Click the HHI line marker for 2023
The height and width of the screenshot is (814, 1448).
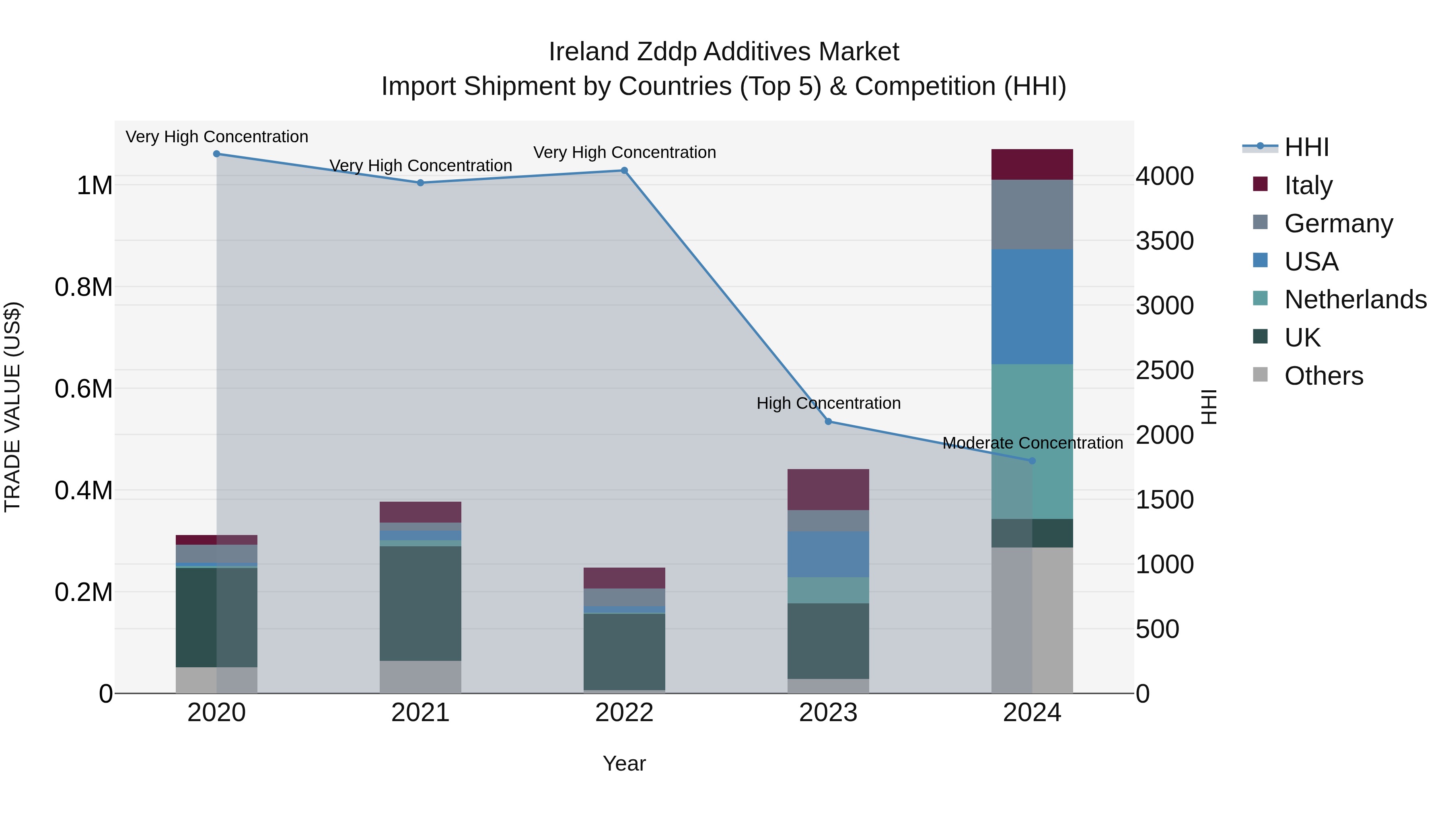828,421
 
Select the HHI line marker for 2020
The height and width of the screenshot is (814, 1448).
216,154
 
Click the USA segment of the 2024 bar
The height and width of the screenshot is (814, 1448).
1032,307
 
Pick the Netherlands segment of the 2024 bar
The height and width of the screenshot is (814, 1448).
1032,441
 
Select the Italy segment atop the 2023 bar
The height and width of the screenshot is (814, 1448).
828,489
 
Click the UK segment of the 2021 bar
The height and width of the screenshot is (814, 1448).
420,603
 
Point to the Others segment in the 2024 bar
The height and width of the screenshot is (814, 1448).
1032,620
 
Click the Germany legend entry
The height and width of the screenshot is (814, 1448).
1338,223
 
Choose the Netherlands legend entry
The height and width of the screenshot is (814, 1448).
1355,299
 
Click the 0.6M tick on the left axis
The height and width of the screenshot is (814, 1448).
84,389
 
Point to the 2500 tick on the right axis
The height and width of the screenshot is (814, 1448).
1164,370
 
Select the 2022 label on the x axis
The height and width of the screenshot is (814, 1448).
624,713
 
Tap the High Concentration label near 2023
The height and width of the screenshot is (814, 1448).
828,403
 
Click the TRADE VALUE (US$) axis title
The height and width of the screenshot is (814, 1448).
12,407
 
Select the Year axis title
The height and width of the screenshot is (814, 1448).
624,763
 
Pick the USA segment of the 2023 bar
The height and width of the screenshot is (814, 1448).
828,554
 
